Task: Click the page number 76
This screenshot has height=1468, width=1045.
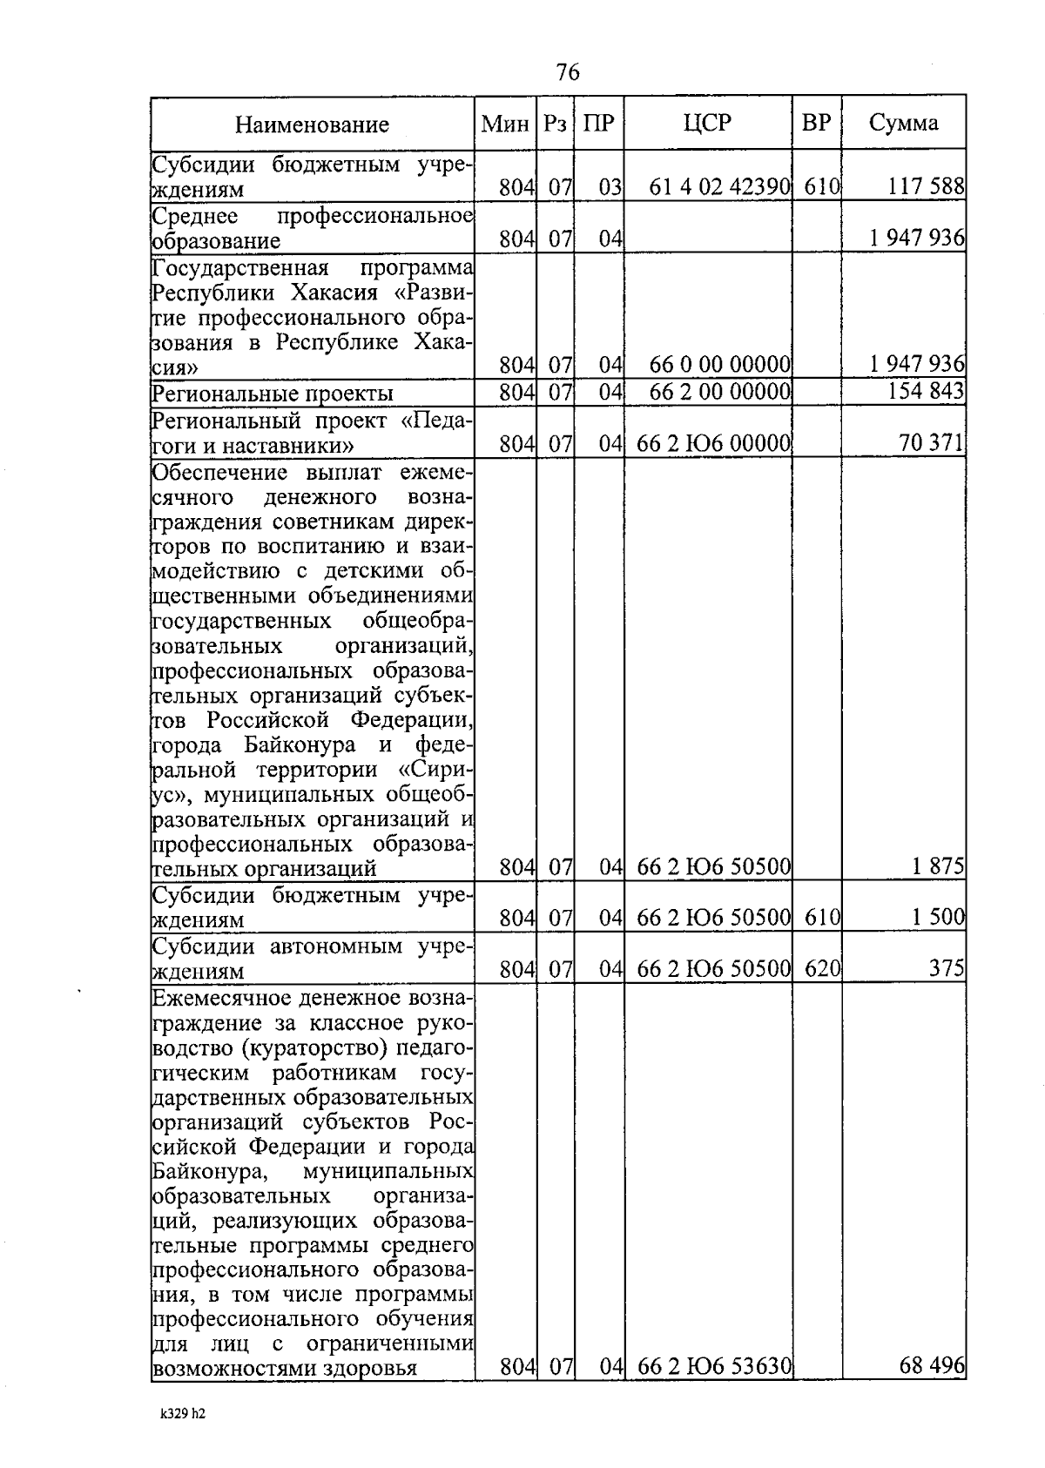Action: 567,72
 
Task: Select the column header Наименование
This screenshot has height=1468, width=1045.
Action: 312,125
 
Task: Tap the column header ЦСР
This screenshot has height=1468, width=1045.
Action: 707,123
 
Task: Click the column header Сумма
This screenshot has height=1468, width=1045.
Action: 903,123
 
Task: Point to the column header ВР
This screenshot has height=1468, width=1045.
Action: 816,123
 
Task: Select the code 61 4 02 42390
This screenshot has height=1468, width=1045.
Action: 719,186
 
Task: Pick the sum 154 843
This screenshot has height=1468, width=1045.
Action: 926,391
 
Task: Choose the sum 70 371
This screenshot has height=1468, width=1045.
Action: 931,445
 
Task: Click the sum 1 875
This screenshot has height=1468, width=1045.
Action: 938,866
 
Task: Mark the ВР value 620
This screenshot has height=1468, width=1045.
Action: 821,968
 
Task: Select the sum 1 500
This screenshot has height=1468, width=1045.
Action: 938,917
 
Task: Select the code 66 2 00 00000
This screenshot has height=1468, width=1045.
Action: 719,392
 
